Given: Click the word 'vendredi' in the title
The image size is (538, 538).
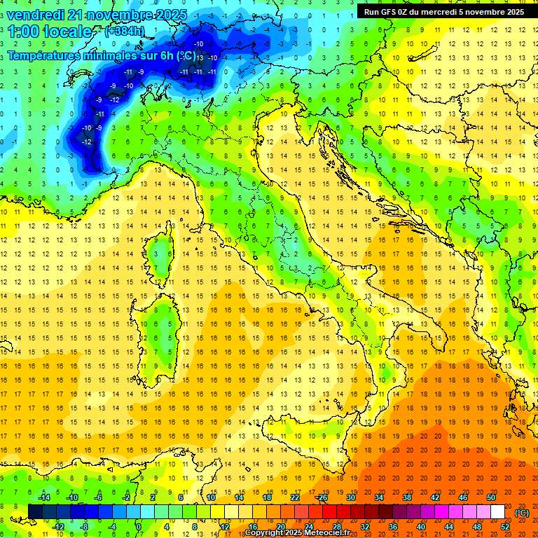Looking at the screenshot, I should coord(37,14).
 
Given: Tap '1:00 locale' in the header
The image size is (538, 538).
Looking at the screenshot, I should coord(50,32).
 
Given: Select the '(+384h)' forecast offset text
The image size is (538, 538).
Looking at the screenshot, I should coord(125,32).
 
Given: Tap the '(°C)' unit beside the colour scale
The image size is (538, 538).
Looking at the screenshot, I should coord(522,513).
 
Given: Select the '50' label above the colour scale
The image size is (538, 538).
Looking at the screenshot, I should coord(491,497).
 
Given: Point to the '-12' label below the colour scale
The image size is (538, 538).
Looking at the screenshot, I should coord(57,527).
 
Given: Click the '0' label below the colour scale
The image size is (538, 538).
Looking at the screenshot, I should coord(139,527).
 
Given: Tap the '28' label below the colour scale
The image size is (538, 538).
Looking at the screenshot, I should coord(336,527).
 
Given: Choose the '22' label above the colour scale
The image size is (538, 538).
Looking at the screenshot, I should coord(295,497).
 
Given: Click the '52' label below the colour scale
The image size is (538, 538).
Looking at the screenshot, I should coord(505,527).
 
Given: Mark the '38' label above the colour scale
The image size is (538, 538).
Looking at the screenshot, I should coord(407,497).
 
